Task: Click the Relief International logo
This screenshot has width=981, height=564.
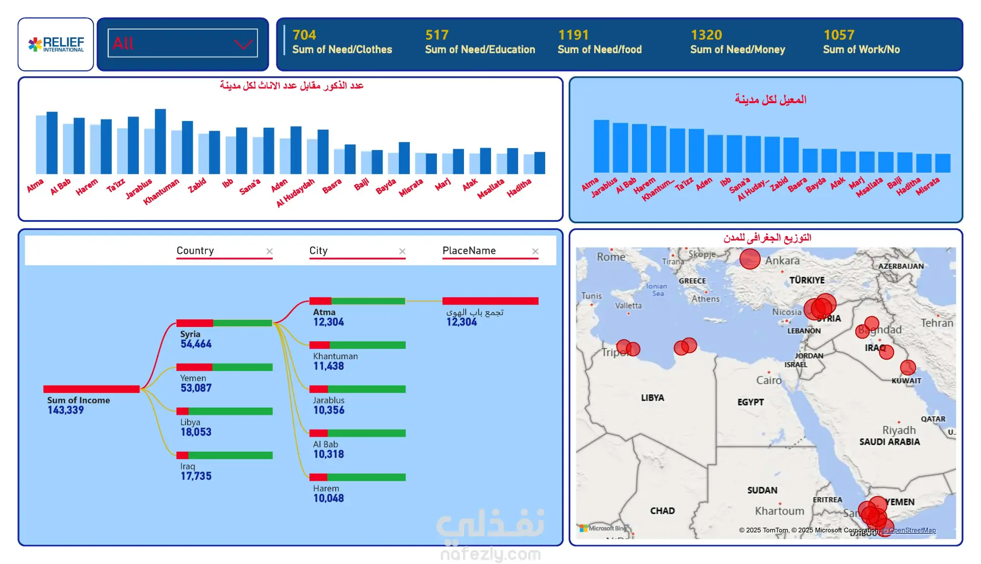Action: click(x=56, y=44)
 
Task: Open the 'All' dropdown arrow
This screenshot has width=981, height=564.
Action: click(x=244, y=44)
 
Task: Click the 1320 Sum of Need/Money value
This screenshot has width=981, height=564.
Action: click(x=706, y=35)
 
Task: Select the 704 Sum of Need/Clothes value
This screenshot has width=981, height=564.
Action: click(x=304, y=35)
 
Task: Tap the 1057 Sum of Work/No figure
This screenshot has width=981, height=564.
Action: click(x=838, y=35)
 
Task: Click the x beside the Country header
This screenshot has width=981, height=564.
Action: click(x=269, y=251)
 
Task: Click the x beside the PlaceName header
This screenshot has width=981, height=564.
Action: click(x=535, y=251)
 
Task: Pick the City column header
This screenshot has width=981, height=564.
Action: click(x=318, y=251)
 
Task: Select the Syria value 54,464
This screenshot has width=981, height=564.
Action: click(x=196, y=344)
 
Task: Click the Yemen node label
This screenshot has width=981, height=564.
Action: click(x=193, y=379)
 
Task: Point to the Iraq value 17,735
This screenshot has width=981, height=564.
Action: click(x=196, y=476)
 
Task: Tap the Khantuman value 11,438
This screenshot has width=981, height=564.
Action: click(x=329, y=366)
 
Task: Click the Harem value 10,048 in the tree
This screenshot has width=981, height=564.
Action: click(x=329, y=499)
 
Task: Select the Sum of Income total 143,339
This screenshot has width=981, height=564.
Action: click(x=65, y=410)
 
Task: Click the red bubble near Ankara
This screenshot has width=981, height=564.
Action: click(x=750, y=259)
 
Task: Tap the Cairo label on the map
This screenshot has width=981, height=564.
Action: click(x=769, y=381)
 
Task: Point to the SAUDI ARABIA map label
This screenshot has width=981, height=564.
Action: click(x=889, y=442)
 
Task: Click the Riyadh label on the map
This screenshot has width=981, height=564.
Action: click(x=899, y=430)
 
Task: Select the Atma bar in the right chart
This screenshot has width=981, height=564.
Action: click(x=601, y=146)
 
